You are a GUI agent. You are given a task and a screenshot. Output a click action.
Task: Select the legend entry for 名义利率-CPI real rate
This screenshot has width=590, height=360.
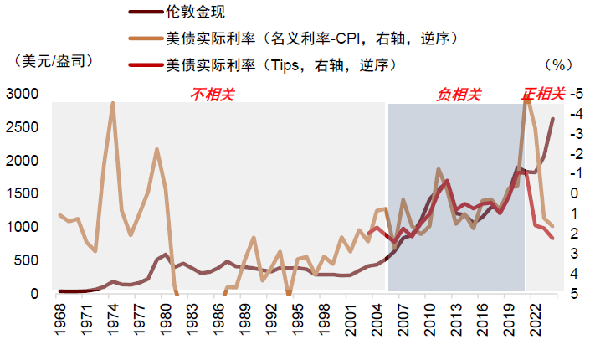coord(310,39)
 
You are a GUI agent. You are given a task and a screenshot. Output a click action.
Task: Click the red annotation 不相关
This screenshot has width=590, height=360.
coord(213,93)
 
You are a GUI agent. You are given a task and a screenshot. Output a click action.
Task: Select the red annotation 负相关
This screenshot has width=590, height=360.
coord(459,94)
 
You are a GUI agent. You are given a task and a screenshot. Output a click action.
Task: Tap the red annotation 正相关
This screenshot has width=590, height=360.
coord(543,93)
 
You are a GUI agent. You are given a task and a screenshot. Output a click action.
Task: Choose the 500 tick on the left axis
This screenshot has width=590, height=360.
coord(25,260)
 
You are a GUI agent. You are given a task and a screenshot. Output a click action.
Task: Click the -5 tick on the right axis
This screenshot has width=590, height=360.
coord(575,94)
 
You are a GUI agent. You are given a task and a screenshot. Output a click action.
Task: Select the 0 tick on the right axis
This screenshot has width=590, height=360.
coord(575,193)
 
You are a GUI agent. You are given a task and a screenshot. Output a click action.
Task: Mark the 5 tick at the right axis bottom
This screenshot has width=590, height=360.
coord(575,294)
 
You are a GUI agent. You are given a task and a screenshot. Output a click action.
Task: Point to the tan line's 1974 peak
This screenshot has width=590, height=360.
coord(113,103)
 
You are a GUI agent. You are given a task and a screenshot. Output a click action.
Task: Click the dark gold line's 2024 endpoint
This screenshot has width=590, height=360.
coord(552,119)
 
